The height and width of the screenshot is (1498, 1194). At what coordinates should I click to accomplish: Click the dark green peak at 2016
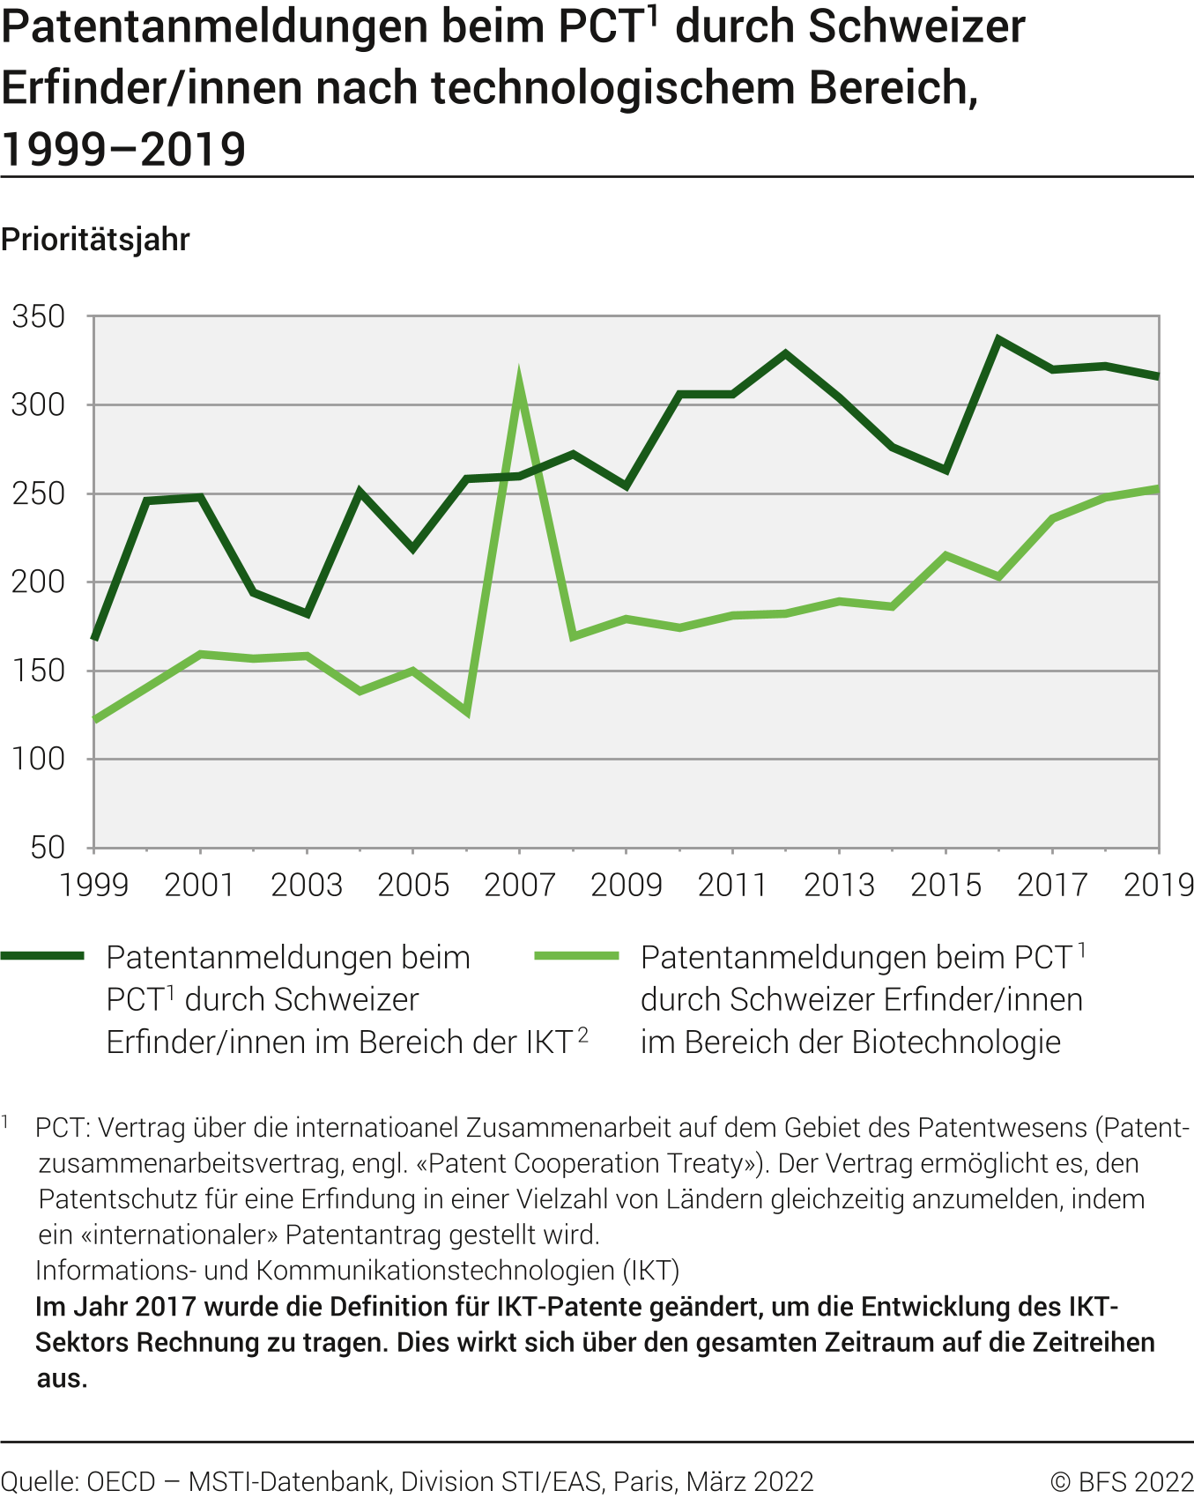[x=998, y=339]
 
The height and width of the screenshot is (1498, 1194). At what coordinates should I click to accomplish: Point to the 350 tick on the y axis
[x=39, y=316]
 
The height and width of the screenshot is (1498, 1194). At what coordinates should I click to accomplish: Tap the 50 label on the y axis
[x=48, y=848]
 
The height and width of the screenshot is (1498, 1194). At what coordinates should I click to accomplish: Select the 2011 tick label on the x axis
[x=732, y=885]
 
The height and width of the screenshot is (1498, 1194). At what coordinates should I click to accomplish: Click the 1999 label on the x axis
[x=93, y=885]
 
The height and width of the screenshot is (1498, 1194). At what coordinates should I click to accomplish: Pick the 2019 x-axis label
[x=1158, y=885]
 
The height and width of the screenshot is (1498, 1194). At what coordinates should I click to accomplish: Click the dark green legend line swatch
[x=42, y=956]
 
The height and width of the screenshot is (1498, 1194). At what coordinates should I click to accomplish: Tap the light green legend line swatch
[x=577, y=956]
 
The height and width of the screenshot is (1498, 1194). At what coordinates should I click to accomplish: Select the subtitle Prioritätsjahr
[x=95, y=240]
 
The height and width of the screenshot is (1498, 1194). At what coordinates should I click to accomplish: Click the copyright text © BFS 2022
[x=1121, y=1482]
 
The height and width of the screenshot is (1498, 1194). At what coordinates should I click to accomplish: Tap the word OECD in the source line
[x=121, y=1482]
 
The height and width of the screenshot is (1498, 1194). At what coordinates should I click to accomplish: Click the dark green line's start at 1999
[x=94, y=637]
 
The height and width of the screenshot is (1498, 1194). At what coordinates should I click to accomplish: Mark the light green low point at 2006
[x=465, y=711]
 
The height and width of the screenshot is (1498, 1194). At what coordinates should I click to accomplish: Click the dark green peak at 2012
[x=785, y=353]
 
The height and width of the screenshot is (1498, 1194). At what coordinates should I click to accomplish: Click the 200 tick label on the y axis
[x=39, y=582]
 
